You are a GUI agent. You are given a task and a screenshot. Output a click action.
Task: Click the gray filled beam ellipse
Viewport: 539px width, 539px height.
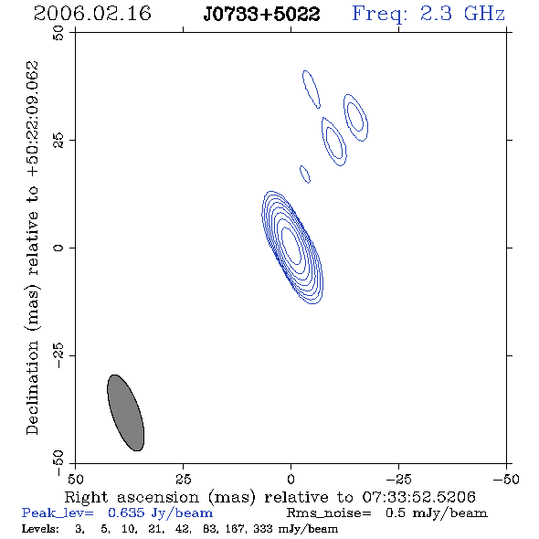pos(125,413)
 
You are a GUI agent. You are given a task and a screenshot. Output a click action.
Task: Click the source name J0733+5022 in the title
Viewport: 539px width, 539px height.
pos(261,14)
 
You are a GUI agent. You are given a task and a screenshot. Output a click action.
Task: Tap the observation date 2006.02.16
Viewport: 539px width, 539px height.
pos(92,14)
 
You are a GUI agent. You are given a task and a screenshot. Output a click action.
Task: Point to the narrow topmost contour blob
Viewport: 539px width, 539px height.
pos(312,90)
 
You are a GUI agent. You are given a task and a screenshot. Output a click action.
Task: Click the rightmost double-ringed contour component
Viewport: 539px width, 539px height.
pos(355,117)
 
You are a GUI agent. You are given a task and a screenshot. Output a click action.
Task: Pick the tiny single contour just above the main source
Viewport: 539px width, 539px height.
pos(305,174)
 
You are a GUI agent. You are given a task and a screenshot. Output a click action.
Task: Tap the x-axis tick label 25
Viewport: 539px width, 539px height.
pos(183,479)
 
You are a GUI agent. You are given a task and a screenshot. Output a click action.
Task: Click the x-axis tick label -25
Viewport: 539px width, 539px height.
pos(398,479)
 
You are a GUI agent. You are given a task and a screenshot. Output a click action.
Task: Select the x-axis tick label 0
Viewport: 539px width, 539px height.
pos(291,479)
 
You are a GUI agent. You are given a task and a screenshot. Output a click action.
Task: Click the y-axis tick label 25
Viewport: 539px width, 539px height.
pos(58,141)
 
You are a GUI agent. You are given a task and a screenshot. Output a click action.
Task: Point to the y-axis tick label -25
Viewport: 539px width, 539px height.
pos(58,355)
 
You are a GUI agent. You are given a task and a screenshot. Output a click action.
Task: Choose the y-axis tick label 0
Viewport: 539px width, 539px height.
pos(58,248)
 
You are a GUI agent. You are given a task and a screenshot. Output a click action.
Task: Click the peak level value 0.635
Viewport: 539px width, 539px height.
pos(126,513)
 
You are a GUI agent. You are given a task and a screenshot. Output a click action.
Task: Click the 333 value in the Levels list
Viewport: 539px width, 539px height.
pos(262,528)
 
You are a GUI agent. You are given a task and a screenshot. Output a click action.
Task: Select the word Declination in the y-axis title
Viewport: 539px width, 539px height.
pos(32,387)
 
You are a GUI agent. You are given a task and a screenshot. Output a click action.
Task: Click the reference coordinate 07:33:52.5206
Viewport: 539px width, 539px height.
pos(418,497)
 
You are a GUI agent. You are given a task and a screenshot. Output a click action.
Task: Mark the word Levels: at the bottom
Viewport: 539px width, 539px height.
pos(40,528)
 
